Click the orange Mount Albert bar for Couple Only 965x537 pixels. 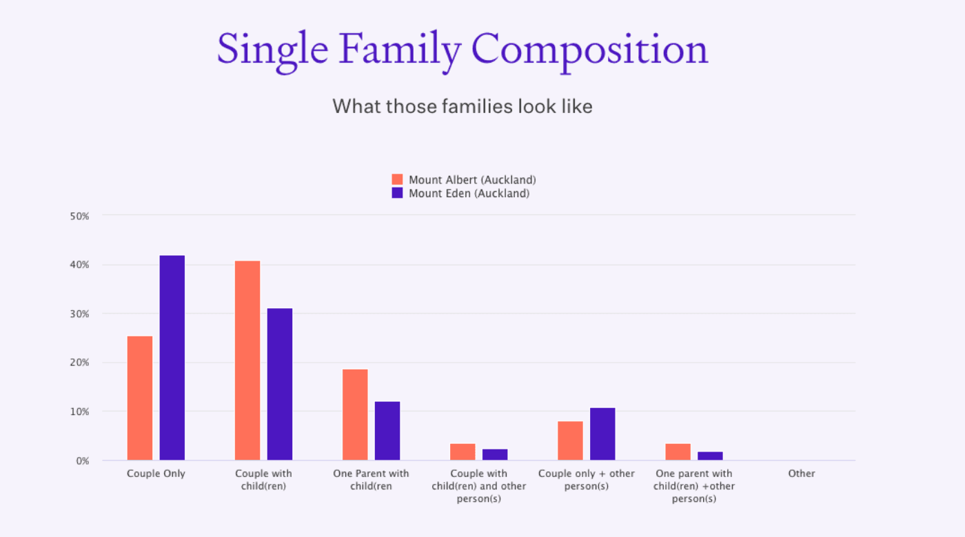[140, 398]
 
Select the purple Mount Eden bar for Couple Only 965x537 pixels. [172, 358]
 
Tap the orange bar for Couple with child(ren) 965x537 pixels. [247, 361]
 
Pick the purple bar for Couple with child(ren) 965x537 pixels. [280, 384]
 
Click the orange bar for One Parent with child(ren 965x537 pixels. [355, 414]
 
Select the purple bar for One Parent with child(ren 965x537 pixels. [387, 431]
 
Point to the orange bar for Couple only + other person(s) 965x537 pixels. [570, 440]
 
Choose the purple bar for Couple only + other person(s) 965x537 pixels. [602, 434]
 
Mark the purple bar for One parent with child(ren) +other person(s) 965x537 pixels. [710, 456]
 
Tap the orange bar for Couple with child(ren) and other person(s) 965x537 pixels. [463, 452]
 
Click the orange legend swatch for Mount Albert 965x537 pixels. [397, 179]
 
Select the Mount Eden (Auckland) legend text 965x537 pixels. [469, 193]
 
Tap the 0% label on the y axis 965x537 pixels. [83, 460]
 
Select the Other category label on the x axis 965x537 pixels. [802, 474]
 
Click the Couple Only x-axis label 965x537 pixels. [156, 474]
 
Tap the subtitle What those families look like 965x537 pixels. [463, 107]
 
